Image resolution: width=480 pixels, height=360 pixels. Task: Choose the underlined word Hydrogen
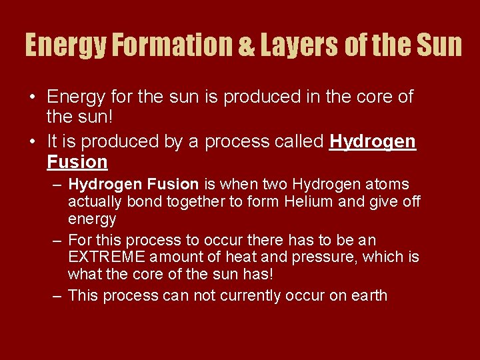373,142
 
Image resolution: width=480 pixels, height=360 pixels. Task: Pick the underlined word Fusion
77,162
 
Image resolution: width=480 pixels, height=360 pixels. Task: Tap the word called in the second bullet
299,142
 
